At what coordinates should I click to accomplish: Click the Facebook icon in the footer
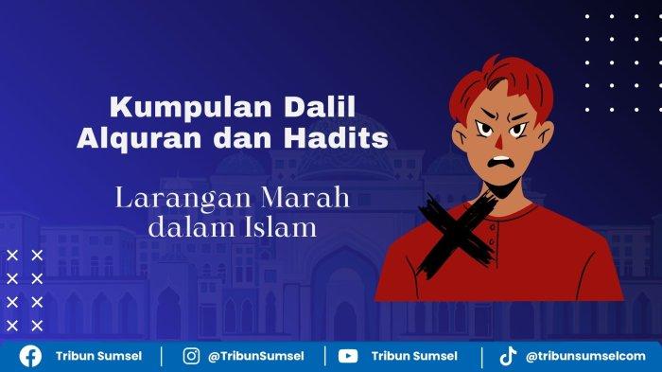pyautogui.click(x=30, y=356)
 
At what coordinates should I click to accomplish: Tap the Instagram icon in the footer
pyautogui.click(x=191, y=356)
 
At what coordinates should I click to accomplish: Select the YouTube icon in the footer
pyautogui.click(x=348, y=356)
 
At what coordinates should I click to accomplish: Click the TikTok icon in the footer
pyautogui.click(x=508, y=356)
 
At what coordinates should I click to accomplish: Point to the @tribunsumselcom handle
pyautogui.click(x=585, y=356)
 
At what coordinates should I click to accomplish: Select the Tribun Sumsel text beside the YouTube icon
pyautogui.click(x=414, y=356)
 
